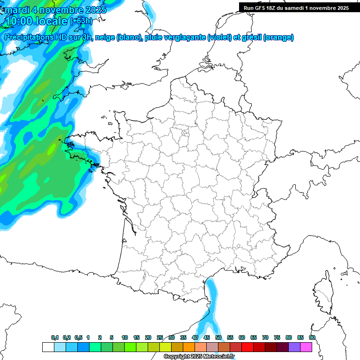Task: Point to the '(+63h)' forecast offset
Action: (81, 21)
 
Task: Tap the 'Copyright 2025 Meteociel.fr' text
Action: (199, 357)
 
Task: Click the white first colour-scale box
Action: (48, 347)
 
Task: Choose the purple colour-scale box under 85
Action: (294, 347)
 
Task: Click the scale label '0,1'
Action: (55, 338)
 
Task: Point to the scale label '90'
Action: (312, 338)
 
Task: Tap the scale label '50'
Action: (218, 338)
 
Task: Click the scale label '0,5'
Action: (78, 338)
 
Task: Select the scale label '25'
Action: (160, 338)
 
